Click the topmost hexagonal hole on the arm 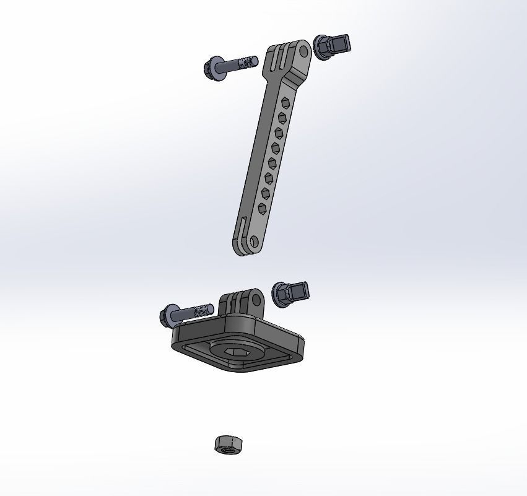[x=285, y=102]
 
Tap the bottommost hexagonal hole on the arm [x=263, y=208]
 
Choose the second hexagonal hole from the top [x=282, y=117]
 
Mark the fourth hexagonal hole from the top [x=276, y=147]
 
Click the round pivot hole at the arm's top [x=303, y=51]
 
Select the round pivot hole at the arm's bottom [x=253, y=241]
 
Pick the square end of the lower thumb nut [x=302, y=290]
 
